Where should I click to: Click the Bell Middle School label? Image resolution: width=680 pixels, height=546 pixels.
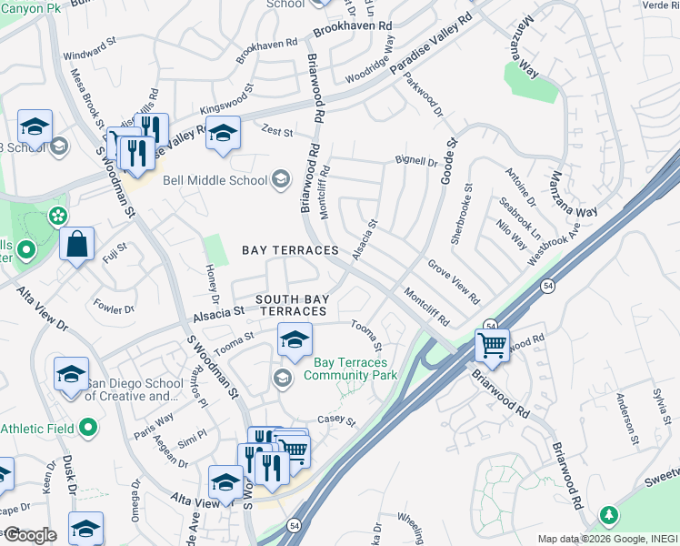tap(215, 180)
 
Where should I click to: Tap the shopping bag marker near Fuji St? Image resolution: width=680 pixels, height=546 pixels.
tap(76, 244)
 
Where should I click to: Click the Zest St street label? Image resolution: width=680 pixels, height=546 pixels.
tap(277, 132)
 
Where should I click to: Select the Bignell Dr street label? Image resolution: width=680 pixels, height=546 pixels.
tap(415, 161)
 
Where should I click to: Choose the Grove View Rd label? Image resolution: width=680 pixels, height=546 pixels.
tap(454, 281)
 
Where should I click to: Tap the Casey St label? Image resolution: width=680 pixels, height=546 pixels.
tap(335, 421)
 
